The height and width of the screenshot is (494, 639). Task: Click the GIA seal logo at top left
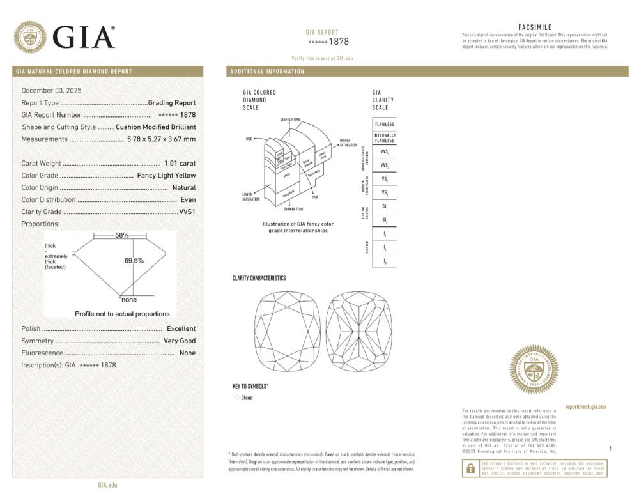pos(30,37)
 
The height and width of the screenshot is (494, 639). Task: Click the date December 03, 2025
pos(52,91)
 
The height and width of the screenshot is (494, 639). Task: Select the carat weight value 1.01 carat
pos(180,164)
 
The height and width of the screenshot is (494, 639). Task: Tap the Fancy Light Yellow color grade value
pos(166,176)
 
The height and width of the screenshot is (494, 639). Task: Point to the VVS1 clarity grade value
pos(187,212)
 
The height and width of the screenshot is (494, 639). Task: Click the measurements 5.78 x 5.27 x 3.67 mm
pos(161,139)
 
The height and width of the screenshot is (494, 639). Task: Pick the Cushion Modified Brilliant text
pos(156,127)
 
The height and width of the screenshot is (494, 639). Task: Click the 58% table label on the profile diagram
pos(121,235)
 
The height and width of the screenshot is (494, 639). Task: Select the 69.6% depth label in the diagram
pos(134,260)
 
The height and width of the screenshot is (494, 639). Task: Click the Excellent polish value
pos(181,328)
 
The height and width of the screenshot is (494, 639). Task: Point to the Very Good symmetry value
pos(180,341)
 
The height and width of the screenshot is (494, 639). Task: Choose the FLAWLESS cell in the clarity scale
pos(385,124)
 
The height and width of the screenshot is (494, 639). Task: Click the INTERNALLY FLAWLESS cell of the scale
pos(385,138)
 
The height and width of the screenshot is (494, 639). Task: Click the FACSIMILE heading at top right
pos(534,27)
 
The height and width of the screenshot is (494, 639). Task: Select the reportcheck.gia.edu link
pos(585,407)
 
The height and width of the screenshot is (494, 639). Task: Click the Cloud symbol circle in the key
pos(237,398)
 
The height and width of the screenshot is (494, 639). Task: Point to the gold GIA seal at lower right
pos(534,369)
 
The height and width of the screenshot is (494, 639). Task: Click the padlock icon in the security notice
pos(470,468)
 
